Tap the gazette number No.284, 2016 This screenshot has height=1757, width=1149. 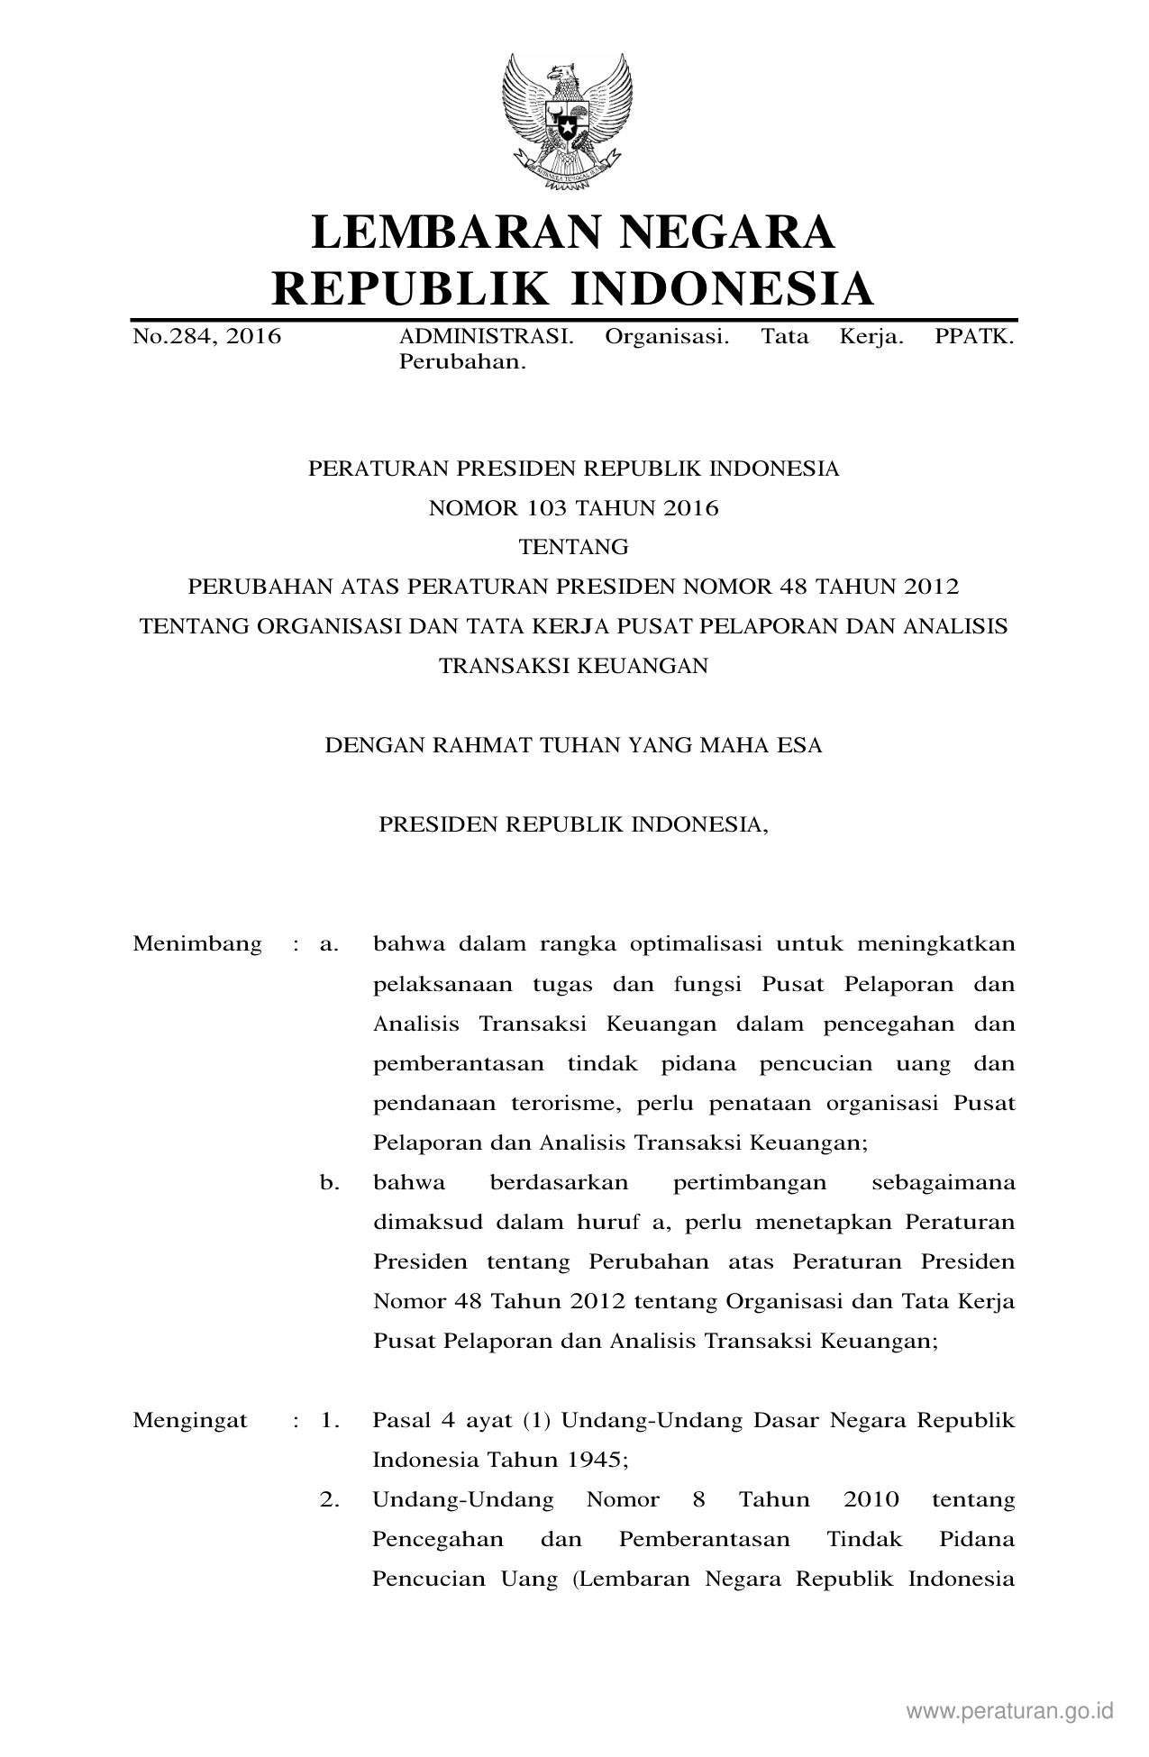(x=206, y=338)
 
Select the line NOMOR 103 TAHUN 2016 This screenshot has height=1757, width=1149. (x=573, y=508)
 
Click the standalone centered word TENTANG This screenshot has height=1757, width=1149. (x=573, y=547)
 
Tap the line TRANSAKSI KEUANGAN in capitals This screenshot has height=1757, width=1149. (x=573, y=666)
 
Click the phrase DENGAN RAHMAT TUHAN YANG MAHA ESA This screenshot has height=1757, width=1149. (x=573, y=746)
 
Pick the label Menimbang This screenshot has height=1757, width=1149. (x=197, y=944)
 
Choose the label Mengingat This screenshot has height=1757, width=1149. (x=190, y=1421)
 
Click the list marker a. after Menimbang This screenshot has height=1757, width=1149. (x=329, y=944)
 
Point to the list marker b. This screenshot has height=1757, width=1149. (x=329, y=1182)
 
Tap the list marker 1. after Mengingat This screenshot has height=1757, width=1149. (x=329, y=1421)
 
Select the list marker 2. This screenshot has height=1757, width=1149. (x=329, y=1500)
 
